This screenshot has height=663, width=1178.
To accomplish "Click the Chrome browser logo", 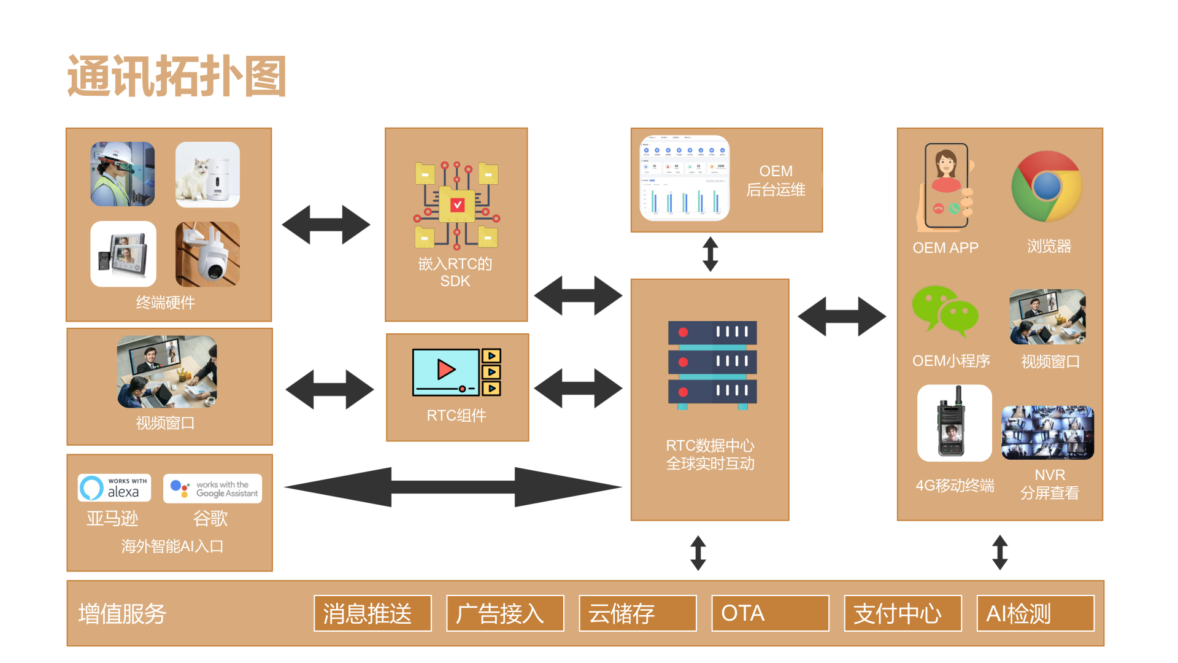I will point(1047,187).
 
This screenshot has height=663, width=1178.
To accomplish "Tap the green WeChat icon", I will point(945,311).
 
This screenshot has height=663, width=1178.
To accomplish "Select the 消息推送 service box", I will point(372,613).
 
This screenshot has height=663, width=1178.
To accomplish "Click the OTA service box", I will point(770,613).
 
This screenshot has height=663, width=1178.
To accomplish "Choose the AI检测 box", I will point(1035,613).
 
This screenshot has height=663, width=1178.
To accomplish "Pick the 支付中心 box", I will point(903,613).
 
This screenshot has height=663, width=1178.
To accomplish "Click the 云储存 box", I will point(637,613).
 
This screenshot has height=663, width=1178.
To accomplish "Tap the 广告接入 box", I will point(505,613).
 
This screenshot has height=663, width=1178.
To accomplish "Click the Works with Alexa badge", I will point(115,488).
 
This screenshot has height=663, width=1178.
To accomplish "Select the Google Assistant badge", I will point(212,489).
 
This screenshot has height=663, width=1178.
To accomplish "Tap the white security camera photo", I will point(207,254).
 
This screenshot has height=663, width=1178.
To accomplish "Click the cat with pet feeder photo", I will point(207,175).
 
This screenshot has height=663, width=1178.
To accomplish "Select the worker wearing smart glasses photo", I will point(123,174).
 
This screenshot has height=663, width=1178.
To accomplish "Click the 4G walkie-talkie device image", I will point(954,423).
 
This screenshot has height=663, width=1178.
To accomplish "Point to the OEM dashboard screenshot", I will point(685,178).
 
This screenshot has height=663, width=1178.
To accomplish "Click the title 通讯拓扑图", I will point(177,77).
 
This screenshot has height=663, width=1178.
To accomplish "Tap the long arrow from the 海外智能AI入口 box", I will point(453,487).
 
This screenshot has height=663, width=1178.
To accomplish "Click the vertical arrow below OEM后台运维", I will point(710,254).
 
